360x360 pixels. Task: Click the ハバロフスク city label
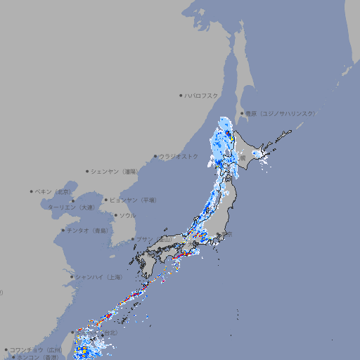tap(202, 96)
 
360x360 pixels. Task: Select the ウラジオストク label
tap(179, 156)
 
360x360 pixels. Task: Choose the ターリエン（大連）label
tap(71, 207)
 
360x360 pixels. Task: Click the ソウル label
tap(127, 216)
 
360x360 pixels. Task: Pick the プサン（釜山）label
tap(153, 239)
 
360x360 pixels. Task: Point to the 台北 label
tap(110, 333)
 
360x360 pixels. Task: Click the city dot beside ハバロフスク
tap(181, 96)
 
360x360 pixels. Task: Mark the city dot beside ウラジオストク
tap(155, 156)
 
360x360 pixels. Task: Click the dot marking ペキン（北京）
tap(32, 191)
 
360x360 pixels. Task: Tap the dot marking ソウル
tap(115, 216)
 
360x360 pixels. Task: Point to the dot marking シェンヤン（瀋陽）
tap(87, 171)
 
